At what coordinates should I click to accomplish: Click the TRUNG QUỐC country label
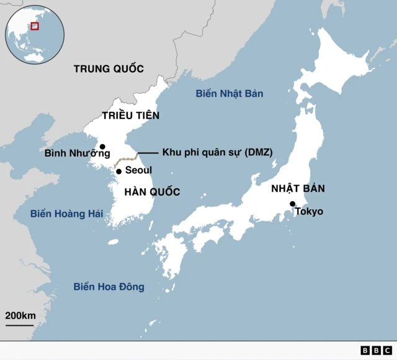109,68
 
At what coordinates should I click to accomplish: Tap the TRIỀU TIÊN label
130,115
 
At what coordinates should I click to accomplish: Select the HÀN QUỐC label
152,192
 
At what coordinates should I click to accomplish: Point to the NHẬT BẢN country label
298,189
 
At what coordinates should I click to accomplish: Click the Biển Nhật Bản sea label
229,94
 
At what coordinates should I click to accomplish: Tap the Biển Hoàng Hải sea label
66,214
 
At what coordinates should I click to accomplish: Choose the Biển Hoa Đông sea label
109,287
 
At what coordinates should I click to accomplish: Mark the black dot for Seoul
119,171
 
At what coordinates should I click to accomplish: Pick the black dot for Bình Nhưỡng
103,147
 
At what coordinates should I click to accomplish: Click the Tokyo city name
309,212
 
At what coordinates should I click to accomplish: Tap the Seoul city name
138,170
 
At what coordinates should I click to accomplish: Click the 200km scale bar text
20,315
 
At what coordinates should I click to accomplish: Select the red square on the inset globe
35,26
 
